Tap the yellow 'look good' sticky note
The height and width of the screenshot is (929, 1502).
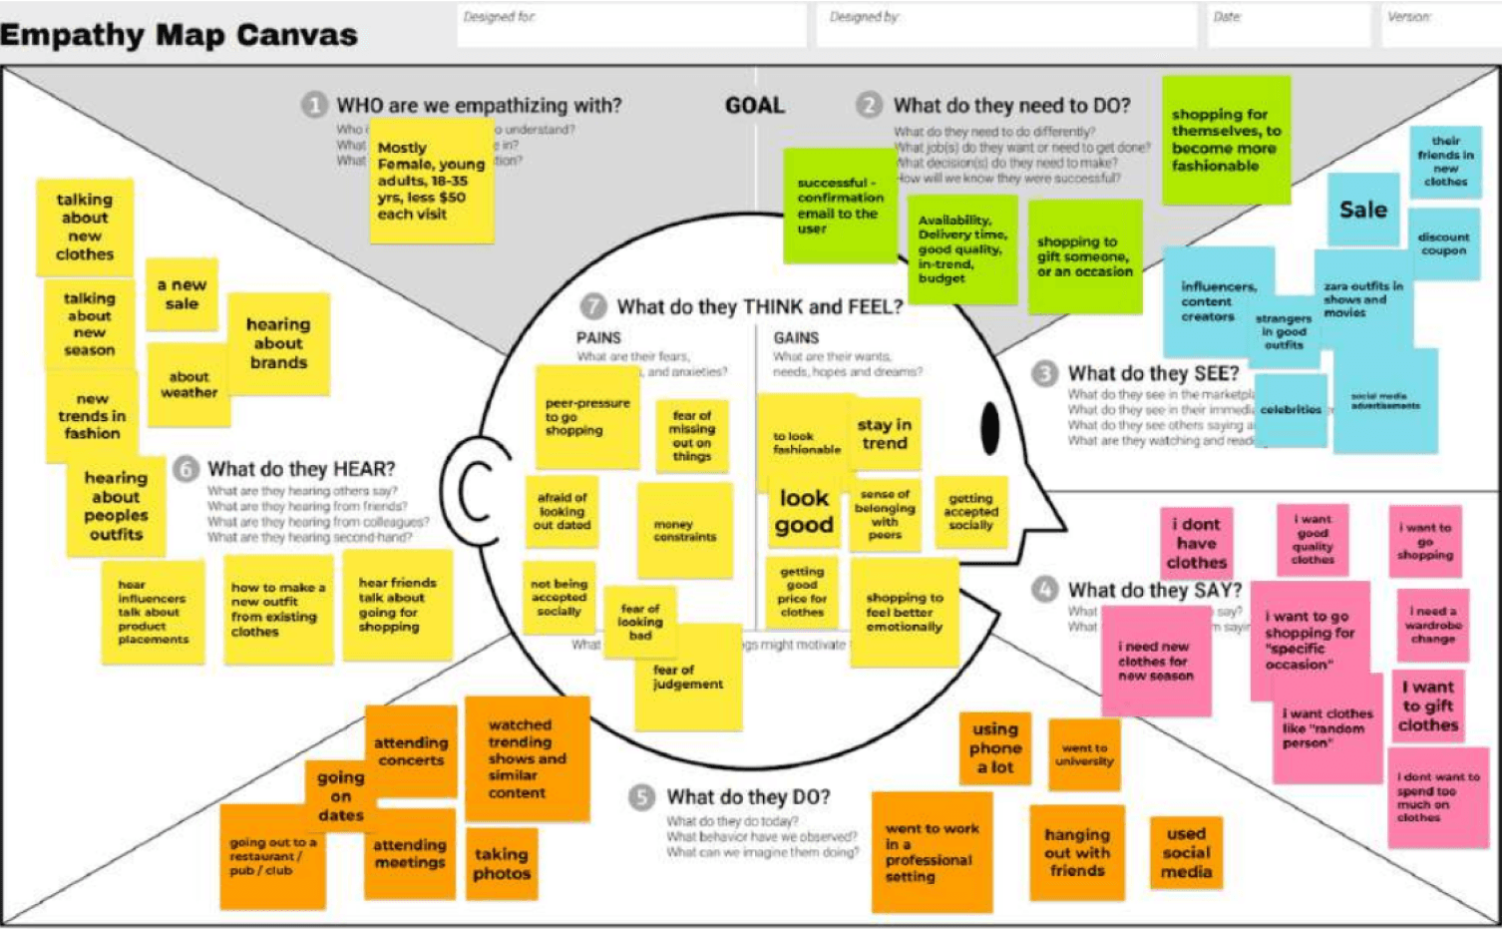804,512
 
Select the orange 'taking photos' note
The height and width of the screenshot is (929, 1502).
501,863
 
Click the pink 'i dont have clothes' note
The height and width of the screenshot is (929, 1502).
1197,543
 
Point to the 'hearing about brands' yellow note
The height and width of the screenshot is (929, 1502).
278,343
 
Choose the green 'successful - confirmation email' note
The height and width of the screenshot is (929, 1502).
839,206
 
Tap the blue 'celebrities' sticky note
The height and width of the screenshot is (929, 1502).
1291,410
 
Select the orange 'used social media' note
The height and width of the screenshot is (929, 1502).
1186,852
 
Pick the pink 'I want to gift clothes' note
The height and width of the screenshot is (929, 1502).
1428,706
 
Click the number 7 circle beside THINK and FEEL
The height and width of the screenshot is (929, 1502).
594,306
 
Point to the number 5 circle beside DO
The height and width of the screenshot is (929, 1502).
641,797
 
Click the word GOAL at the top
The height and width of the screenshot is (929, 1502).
755,106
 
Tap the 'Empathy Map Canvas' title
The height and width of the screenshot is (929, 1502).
180,35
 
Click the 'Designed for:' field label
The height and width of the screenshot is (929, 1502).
499,17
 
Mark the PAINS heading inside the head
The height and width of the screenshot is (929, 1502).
598,338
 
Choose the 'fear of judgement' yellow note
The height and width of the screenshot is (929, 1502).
689,679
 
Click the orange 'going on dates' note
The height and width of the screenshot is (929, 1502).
341,795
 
